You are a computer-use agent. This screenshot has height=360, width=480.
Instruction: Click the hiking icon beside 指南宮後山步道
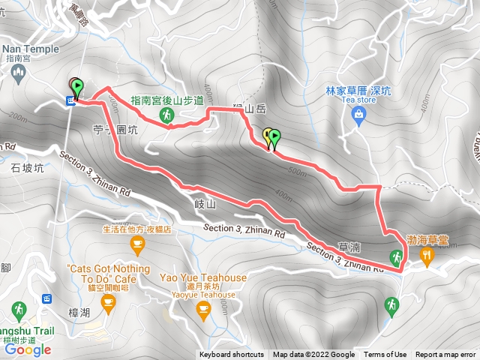pos(167,115)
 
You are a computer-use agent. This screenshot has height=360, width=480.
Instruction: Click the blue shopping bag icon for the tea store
pos(358,114)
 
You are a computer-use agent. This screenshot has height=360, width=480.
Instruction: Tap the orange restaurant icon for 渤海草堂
pos(427,257)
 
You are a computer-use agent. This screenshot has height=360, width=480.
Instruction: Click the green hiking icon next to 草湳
pos(395,258)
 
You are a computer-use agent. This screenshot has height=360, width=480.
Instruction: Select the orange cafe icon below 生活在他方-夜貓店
pos(136,243)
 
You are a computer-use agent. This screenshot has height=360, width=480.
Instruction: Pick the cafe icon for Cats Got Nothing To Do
pos(109,303)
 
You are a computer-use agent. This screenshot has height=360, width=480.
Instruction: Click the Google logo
pos(27,349)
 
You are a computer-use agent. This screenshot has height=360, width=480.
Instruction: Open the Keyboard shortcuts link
pos(232,355)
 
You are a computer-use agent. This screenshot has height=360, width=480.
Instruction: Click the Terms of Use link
pos(385,355)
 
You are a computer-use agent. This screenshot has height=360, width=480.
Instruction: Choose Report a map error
pos(445,355)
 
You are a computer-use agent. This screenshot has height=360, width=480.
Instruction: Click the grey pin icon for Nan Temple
pos(19,72)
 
